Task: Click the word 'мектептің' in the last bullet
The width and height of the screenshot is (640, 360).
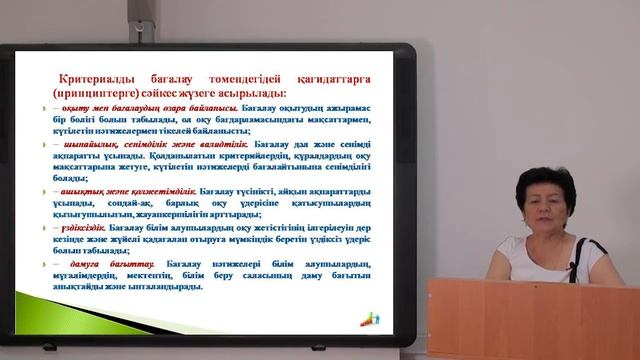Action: tap(151, 276)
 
